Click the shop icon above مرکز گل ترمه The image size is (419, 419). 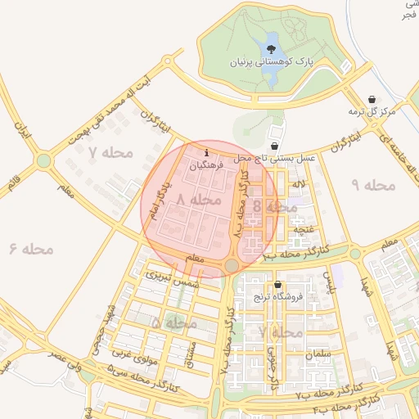click(373, 97)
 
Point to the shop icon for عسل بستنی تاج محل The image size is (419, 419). click(274, 145)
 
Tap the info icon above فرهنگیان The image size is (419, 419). click(205, 152)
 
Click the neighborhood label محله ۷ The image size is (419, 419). click(105, 153)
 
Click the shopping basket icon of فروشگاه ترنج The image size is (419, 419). click(278, 286)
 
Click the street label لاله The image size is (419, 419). click(300, 183)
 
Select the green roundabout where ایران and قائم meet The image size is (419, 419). click(43, 160)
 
